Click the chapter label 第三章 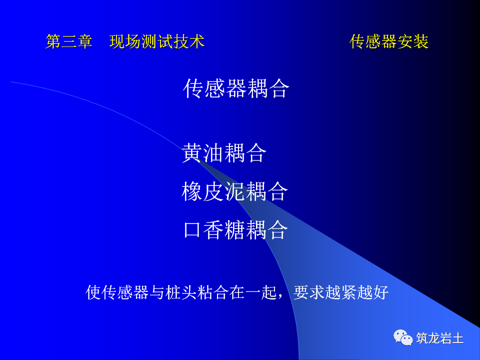(69, 42)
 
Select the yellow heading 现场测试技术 (157, 42)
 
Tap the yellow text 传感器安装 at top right (389, 42)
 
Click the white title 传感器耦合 (236, 89)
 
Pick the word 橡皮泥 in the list (213, 192)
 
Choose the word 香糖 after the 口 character (224, 230)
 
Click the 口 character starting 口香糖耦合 (192, 230)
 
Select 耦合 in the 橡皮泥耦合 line (267, 192)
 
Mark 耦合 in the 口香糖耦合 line (267, 230)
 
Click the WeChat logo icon (403, 337)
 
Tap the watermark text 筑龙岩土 (440, 338)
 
